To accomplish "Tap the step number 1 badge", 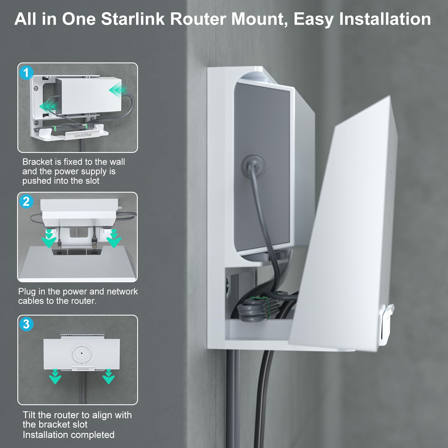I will click(26, 73).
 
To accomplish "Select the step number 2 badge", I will click(26, 202).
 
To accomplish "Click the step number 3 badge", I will click(26, 324).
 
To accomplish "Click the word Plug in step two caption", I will click(27, 291).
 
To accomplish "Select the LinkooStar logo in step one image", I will click(83, 135).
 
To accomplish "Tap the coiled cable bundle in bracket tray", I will click(255, 309).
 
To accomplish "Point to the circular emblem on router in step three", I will click(81, 353).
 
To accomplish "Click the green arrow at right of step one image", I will click(118, 90).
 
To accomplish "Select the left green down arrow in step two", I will click(49, 239).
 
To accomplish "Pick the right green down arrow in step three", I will click(109, 377).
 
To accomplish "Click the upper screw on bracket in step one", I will click(36, 89).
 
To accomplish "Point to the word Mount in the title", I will click(259, 19).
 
